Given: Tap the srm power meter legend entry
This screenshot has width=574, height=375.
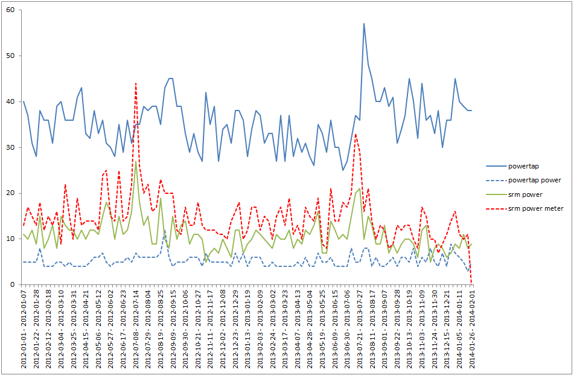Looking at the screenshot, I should point(536,209).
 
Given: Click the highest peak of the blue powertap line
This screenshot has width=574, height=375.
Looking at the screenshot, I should point(364,24).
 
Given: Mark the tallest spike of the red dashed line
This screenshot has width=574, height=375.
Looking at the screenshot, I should point(136,83).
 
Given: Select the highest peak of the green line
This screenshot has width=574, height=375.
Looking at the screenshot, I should point(136,161).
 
